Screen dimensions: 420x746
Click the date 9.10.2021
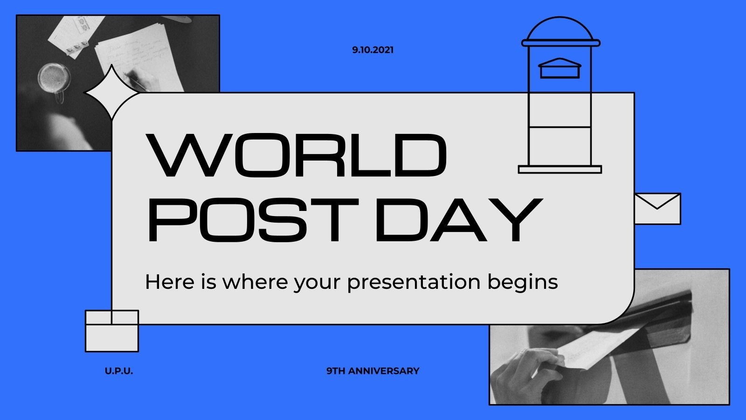point(373,50)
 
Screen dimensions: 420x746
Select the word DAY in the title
point(458,219)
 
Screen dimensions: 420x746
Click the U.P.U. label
point(119,371)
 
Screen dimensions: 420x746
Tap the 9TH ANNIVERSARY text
point(373,371)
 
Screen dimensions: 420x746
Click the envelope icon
point(657,209)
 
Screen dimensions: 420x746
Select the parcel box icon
point(112,331)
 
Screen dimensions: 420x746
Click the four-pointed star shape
point(111,93)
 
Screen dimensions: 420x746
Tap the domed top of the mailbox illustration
point(560,30)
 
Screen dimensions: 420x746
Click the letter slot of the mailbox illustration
point(560,70)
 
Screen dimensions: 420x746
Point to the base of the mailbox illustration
point(560,169)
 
